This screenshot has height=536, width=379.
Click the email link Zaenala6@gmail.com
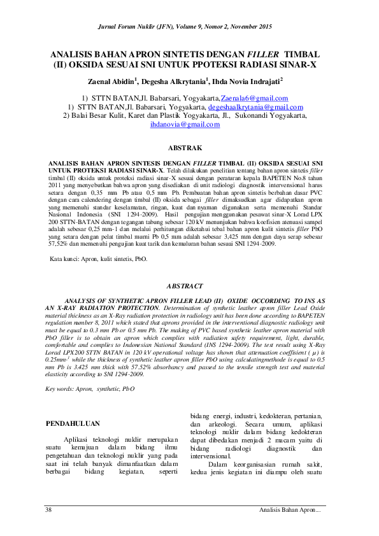point(254,99)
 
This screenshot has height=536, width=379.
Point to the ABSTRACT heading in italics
point(185,287)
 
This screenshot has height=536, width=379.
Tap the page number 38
point(48,511)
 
